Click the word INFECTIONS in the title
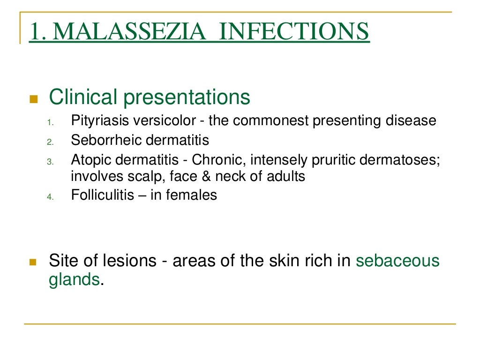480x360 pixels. pos(294,32)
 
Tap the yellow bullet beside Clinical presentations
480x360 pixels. pos(33,99)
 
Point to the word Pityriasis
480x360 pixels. pos(99,121)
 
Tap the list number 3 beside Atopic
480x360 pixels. pos(51,161)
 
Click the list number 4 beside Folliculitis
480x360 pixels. pos(51,197)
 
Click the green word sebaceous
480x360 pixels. pos(397,261)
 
